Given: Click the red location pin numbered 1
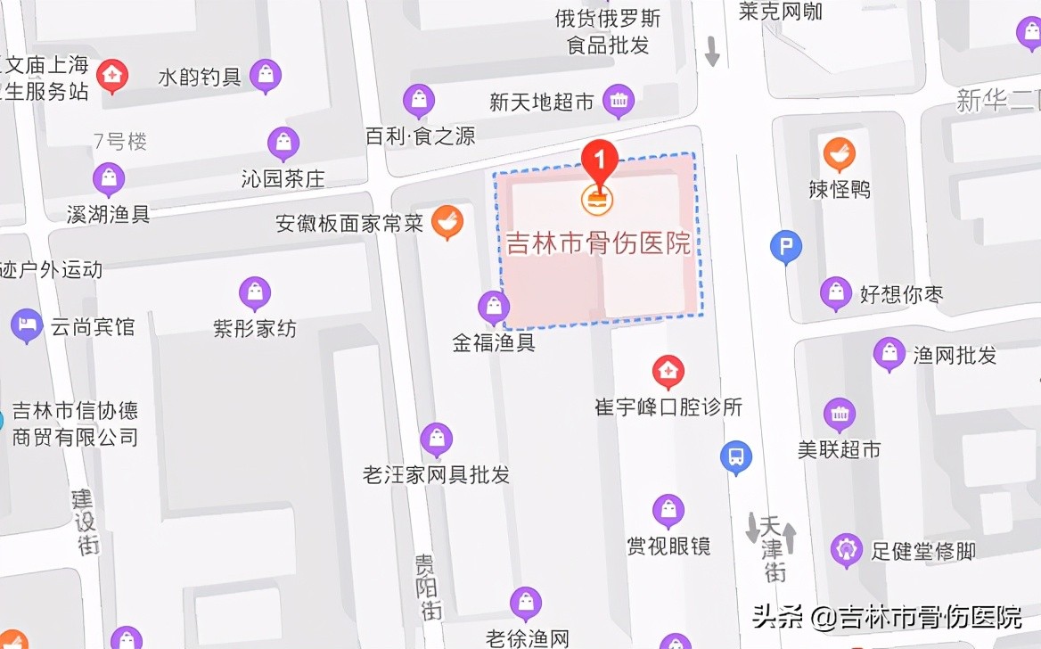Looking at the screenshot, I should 600,162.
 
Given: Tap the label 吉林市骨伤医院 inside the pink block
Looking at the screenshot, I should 599,243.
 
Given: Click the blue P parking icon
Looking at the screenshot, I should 785,248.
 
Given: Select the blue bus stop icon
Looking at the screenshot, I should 736,458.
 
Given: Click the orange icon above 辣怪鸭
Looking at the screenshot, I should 839,155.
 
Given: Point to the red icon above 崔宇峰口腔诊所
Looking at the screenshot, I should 668,371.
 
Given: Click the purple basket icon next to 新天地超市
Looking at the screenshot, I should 619,102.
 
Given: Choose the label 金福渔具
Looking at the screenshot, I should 494,343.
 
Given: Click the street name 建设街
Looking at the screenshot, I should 86,522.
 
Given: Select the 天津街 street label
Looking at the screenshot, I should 772,546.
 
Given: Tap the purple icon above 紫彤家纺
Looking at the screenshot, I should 255,293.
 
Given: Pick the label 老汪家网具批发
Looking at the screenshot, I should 436,474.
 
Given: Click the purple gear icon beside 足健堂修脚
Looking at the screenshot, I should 846,550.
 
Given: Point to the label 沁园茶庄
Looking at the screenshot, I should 283,178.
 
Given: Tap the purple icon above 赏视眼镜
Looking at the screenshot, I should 668,511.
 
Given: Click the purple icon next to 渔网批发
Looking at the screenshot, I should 889,354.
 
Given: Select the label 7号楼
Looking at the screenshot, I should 120,141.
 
